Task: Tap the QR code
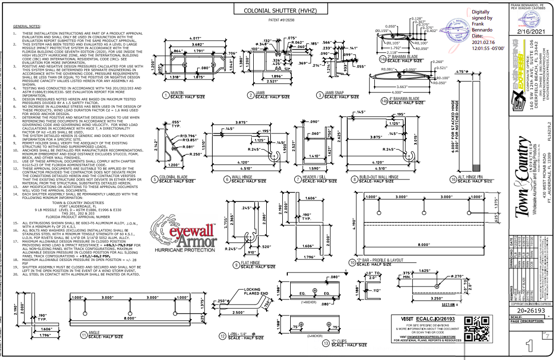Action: click(x=476, y=329)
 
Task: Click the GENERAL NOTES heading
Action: click(x=28, y=25)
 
